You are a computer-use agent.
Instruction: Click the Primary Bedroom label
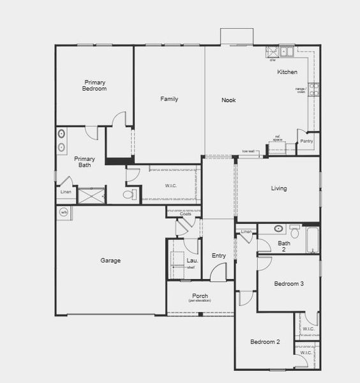95,86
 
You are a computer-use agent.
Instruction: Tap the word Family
169,99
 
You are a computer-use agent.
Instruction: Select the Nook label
229,100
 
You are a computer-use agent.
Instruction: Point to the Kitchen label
287,72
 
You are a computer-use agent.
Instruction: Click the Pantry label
306,140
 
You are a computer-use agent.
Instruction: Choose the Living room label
279,188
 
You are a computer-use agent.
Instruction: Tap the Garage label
110,260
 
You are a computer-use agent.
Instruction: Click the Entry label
219,256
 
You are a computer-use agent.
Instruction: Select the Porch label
200,296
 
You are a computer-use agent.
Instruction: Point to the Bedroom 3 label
289,283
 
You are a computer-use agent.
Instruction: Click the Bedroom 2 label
265,342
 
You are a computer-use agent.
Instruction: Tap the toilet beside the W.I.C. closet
130,193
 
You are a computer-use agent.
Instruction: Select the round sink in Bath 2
279,229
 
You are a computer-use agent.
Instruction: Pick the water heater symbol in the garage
64,212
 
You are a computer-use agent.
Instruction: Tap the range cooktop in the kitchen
313,89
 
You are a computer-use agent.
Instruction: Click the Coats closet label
185,214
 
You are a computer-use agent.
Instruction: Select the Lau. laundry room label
192,260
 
